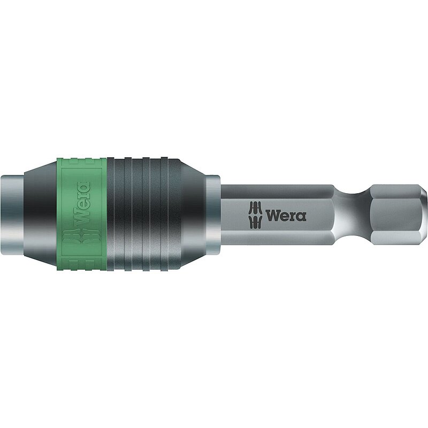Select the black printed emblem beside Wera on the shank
[x=256, y=215]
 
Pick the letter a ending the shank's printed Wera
[x=302, y=216]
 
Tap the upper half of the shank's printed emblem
[x=256, y=208]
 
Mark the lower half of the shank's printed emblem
[x=256, y=221]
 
